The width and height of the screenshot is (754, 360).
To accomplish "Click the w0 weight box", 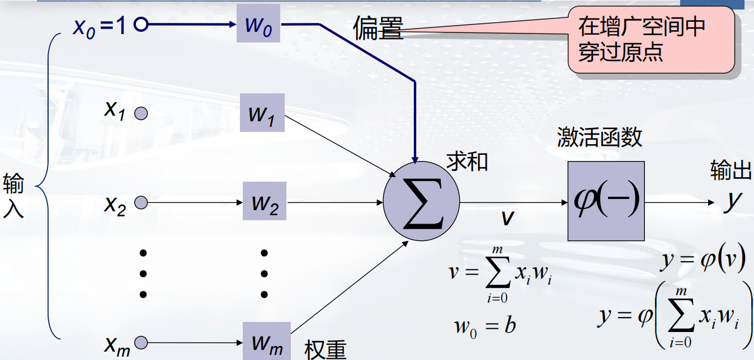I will (258, 23).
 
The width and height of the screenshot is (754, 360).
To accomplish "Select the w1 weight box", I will (262, 112).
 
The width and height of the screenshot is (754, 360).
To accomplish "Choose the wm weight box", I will (267, 341).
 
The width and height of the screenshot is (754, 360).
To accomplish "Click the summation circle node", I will (421, 200).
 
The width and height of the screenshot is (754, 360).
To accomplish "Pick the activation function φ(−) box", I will (606, 201).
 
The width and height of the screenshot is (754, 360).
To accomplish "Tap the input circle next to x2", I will (141, 202).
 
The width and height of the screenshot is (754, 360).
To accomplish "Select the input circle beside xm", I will (141, 341).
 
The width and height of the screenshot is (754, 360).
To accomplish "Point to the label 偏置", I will (378, 28).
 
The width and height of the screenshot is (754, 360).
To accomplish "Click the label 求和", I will (467, 161).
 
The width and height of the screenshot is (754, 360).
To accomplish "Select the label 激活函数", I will (600, 137).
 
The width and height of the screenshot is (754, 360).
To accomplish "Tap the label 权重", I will (326, 349).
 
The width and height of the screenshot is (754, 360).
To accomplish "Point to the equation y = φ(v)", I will (703, 260).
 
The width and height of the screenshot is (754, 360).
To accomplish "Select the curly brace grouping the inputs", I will (47, 184).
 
